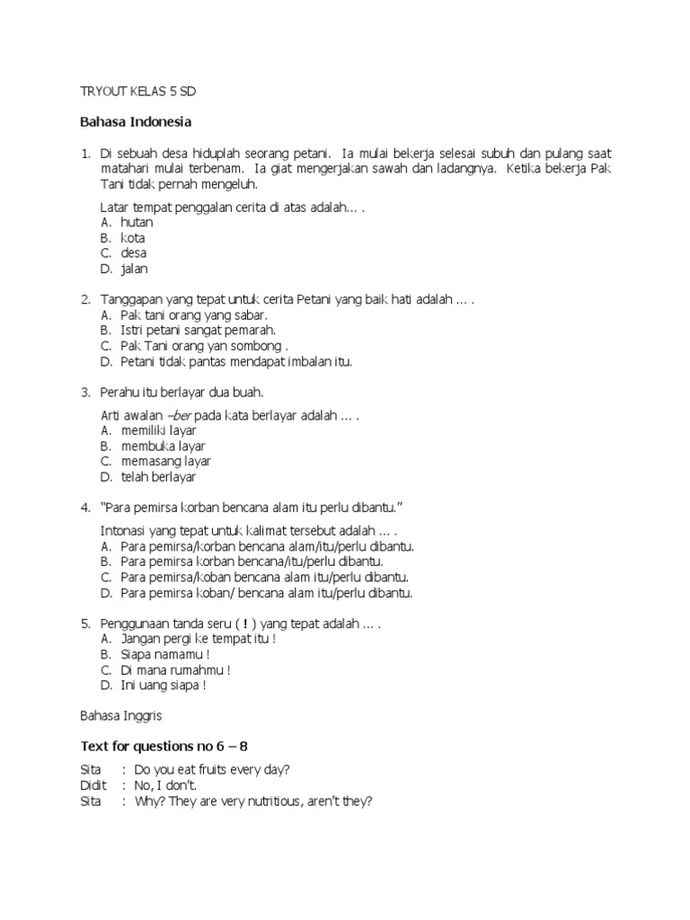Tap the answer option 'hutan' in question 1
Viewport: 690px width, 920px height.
point(137,223)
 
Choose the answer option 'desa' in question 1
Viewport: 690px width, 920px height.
point(134,253)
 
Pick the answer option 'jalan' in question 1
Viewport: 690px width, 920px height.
point(135,269)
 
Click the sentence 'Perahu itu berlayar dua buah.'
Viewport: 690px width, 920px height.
point(181,393)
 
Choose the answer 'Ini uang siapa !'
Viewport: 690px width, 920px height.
point(164,685)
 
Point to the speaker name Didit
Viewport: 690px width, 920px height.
point(93,786)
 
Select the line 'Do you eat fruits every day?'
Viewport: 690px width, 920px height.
point(212,771)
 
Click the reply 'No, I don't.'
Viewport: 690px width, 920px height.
point(165,786)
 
